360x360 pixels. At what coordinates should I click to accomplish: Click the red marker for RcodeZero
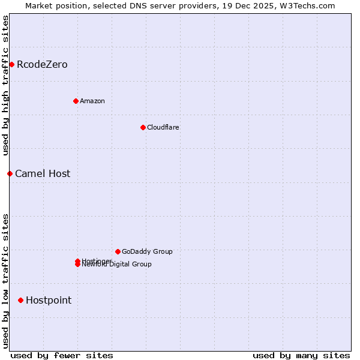[11, 64]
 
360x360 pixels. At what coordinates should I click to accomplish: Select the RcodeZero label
[42, 65]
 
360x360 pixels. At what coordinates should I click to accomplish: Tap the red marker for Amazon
[76, 101]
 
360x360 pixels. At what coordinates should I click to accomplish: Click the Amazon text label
[92, 101]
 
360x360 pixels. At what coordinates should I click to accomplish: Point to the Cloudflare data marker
[143, 127]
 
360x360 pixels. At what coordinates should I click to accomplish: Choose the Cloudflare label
[163, 128]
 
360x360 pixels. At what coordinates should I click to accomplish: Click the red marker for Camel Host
[10, 173]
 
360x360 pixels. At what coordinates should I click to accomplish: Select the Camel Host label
[43, 174]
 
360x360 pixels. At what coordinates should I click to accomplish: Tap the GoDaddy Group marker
[118, 251]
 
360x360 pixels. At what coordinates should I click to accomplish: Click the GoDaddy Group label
[147, 252]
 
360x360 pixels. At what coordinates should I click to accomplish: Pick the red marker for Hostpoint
[20, 300]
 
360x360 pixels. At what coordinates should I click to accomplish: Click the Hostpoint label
[49, 301]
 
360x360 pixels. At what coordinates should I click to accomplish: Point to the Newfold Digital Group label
[118, 265]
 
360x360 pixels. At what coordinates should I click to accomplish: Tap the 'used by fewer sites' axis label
[62, 356]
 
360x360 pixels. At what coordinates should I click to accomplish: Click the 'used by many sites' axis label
[301, 356]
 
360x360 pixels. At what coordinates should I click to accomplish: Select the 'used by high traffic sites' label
[5, 85]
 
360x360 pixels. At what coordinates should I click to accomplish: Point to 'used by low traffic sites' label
[5, 281]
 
